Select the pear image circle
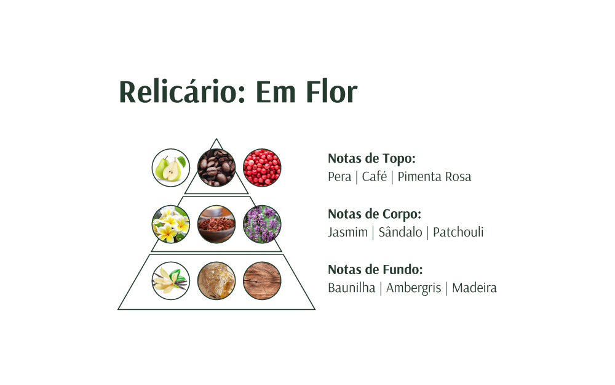(171, 168)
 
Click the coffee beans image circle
(216, 168)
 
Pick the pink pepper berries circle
(262, 168)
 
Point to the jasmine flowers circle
(171, 224)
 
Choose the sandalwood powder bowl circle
(216, 224)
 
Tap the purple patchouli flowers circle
(262, 224)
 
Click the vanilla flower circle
(171, 281)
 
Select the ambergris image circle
(216, 281)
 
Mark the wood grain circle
(262, 281)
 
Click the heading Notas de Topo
(371, 158)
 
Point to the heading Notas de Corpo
(375, 214)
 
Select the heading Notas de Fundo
(375, 269)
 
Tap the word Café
(375, 177)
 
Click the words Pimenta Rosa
(434, 177)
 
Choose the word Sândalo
(400, 232)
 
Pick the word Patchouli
(458, 232)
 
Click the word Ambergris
(413, 288)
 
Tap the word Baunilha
(351, 288)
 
